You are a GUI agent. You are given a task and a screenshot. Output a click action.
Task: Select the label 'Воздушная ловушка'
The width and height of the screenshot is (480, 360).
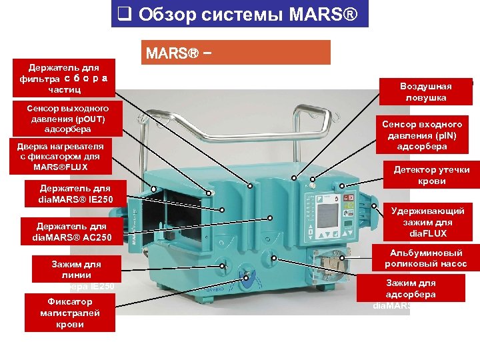[425, 92]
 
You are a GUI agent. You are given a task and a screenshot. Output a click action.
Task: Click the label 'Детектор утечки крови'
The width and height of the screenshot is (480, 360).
[436, 175]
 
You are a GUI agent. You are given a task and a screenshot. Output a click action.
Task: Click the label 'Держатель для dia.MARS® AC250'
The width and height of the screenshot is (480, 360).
[71, 232]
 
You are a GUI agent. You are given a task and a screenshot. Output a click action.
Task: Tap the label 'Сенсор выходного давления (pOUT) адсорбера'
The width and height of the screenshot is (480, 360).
[67, 118]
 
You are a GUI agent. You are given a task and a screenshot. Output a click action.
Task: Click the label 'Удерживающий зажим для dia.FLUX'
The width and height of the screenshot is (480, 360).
[428, 222]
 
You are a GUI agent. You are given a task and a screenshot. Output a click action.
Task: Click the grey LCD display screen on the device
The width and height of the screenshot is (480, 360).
[328, 215]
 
